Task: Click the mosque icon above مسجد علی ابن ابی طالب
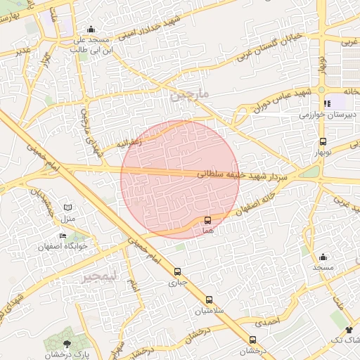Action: click(x=91, y=30)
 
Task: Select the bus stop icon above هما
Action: click(x=207, y=220)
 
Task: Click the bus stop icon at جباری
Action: click(x=176, y=271)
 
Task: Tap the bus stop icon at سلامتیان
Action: click(x=209, y=299)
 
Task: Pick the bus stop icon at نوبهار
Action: click(x=323, y=142)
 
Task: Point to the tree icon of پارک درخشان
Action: click(x=67, y=344)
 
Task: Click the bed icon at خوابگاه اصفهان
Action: click(x=64, y=236)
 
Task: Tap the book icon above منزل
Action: click(x=67, y=208)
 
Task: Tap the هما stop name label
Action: click(x=207, y=230)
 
